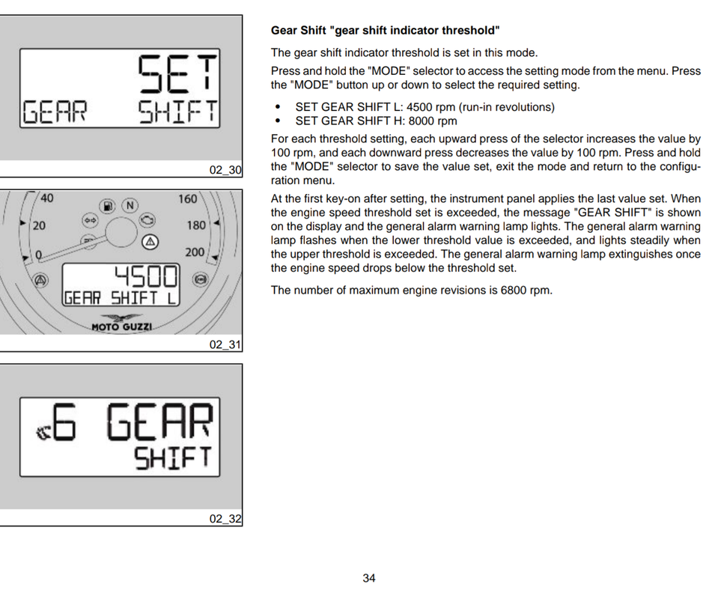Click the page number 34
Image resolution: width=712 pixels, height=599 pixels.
pos(368,578)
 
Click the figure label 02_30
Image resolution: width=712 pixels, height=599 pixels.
pos(225,170)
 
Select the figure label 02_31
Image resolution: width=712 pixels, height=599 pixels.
pos(225,344)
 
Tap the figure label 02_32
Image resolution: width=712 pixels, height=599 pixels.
pos(225,519)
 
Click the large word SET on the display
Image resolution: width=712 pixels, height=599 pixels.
pos(177,75)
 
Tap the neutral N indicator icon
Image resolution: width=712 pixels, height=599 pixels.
pos(130,205)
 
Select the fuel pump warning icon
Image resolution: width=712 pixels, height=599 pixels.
pos(108,205)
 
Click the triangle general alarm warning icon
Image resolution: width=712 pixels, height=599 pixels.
pos(150,242)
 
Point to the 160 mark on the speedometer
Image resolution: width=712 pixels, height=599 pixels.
pos(187,199)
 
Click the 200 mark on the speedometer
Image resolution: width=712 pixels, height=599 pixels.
pos(195,252)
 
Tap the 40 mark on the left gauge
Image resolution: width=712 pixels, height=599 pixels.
pos(46,198)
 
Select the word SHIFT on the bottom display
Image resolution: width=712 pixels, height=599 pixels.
pos(173,457)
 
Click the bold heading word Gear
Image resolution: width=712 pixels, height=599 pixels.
pos(285,31)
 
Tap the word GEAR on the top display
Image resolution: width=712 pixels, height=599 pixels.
pos(55,112)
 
